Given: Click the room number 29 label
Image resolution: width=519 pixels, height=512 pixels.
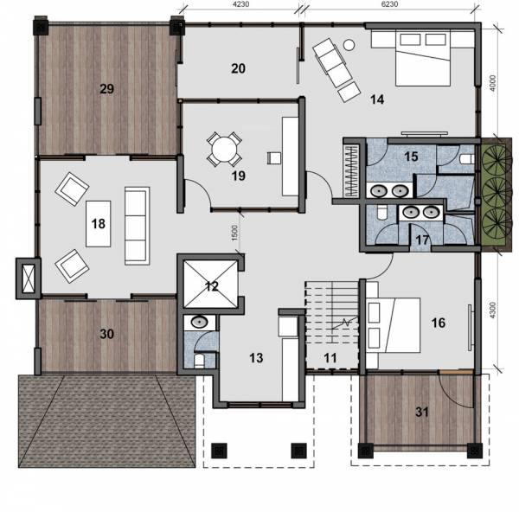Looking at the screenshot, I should [107, 88].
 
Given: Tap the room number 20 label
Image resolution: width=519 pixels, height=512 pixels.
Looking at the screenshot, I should [239, 67].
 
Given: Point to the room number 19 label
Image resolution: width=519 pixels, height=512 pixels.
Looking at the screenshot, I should [239, 176].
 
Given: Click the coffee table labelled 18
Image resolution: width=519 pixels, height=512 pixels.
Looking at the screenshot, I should [98, 223].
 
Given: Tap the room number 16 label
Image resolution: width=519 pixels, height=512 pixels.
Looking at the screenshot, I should [439, 323].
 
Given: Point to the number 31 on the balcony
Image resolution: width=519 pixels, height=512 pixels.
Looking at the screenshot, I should [421, 412].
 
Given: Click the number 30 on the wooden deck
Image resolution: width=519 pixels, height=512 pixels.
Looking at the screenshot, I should [106, 334].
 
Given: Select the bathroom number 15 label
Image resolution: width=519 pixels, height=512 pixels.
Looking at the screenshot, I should [412, 156].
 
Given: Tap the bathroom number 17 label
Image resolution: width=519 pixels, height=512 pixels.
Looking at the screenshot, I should [422, 240].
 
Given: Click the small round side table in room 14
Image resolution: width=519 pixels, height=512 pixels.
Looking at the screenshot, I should [349, 44].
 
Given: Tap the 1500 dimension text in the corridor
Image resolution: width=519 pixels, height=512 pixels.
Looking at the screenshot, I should [234, 234].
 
